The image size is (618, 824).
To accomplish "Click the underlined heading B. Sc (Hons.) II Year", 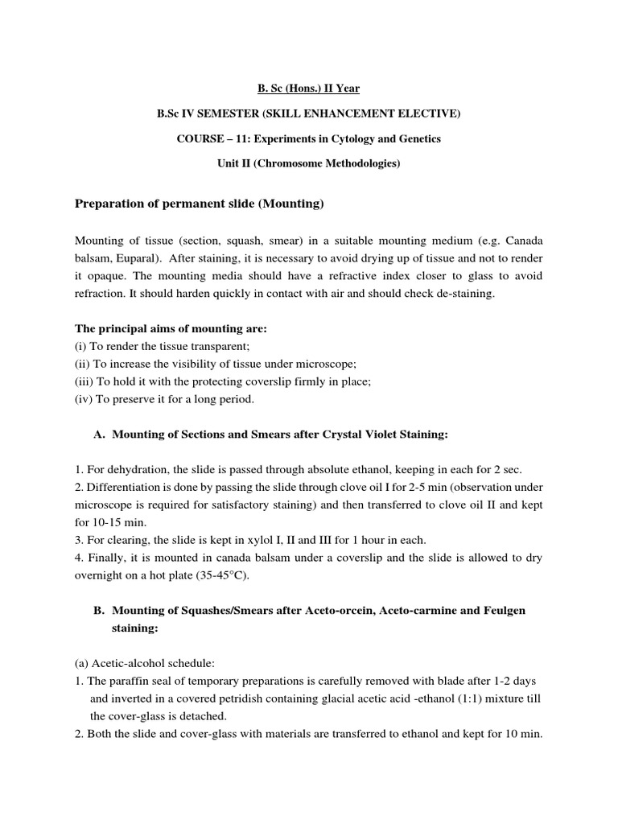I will coord(308,88).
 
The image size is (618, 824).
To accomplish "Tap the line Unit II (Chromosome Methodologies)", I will coord(308,164).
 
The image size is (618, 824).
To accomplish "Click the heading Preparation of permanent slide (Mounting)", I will coord(199,204).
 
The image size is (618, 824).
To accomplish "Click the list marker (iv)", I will coord(84,400).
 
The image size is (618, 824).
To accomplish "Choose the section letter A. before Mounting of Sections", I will coord(100,435).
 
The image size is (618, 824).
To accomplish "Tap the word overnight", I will coord(102,575).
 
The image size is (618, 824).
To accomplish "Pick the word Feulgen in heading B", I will coord(504,611).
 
